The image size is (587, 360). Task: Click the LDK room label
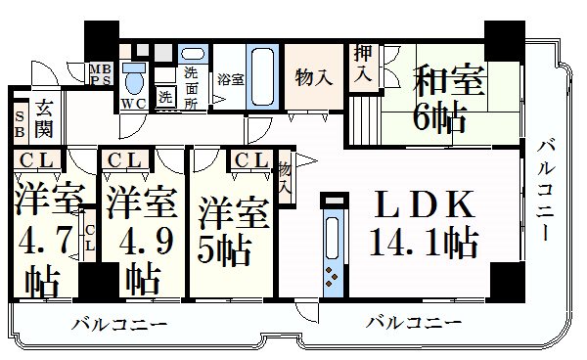[424, 203]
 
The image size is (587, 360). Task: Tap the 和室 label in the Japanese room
[449, 79]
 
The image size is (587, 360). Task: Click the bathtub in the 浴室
[262, 76]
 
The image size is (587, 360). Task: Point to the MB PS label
[101, 74]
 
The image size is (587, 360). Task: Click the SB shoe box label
[20, 124]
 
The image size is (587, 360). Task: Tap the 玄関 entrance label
[44, 118]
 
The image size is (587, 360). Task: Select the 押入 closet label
[363, 64]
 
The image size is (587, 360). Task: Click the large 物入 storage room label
[313, 78]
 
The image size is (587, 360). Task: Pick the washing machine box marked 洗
[165, 97]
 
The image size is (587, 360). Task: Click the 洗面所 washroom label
[191, 88]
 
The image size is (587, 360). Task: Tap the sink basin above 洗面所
[193, 54]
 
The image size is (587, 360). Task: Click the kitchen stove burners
[332, 277]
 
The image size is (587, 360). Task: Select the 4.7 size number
[45, 241]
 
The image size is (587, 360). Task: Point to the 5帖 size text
[224, 250]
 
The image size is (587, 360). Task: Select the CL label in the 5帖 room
[251, 160]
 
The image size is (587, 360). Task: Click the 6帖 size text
[439, 116]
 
